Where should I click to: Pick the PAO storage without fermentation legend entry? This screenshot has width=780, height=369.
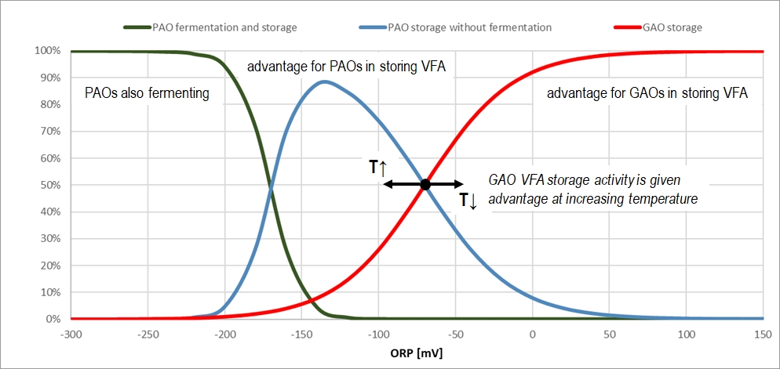click(x=469, y=27)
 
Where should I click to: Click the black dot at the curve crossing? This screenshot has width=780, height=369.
click(x=425, y=185)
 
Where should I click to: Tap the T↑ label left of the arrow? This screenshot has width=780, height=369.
click(x=377, y=167)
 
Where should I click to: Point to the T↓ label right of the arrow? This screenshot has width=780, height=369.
click(x=468, y=201)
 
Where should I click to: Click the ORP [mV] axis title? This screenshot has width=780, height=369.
click(x=416, y=353)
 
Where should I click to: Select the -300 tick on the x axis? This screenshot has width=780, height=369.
click(x=71, y=335)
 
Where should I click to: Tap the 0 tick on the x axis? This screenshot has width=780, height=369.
click(x=533, y=335)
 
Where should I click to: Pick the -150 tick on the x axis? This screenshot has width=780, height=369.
click(x=301, y=335)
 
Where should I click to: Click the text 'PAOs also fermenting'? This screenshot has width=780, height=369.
click(x=147, y=93)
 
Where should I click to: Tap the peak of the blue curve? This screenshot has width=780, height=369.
click(x=323, y=81)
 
